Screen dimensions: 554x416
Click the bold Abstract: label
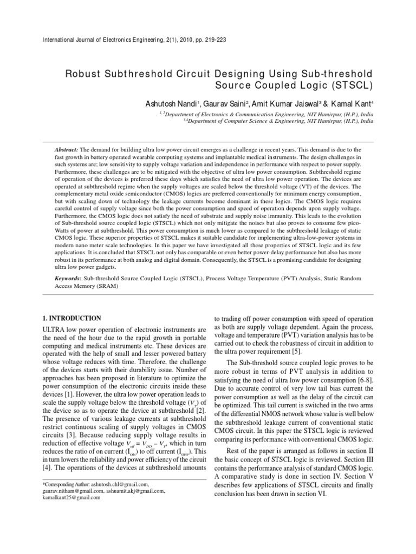click(x=67, y=149)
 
